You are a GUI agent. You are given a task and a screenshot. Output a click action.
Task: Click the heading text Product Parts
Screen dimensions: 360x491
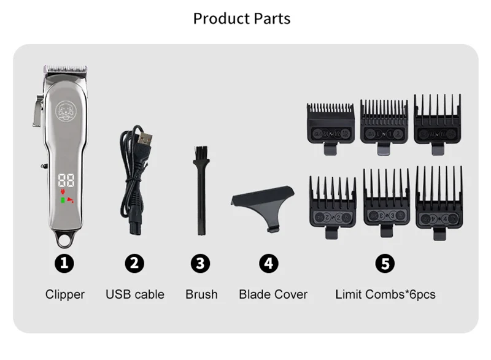[x=242, y=18]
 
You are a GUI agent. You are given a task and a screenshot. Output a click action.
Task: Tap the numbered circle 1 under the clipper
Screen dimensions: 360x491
[x=65, y=264]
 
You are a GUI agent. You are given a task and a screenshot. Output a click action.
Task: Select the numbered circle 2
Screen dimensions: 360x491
[x=134, y=264]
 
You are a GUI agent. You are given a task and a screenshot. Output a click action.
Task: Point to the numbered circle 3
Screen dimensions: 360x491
[x=201, y=264]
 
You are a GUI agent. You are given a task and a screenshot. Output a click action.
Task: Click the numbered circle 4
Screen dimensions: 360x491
[x=268, y=264]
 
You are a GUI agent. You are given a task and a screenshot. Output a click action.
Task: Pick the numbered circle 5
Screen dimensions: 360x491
[x=385, y=264]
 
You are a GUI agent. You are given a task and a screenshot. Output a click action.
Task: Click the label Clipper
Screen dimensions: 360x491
[x=65, y=294]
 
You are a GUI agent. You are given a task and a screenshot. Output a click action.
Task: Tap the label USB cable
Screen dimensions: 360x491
[x=135, y=294]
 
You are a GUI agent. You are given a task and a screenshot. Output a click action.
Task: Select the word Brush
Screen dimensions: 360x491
[x=201, y=294]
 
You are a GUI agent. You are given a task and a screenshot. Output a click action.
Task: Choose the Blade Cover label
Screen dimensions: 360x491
[x=273, y=294]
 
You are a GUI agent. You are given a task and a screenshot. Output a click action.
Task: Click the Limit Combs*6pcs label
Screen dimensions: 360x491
[x=385, y=294]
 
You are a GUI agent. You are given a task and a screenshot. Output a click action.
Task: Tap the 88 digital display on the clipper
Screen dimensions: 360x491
[x=66, y=181]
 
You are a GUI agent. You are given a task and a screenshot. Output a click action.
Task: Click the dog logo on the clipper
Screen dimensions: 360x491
[x=65, y=111]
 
